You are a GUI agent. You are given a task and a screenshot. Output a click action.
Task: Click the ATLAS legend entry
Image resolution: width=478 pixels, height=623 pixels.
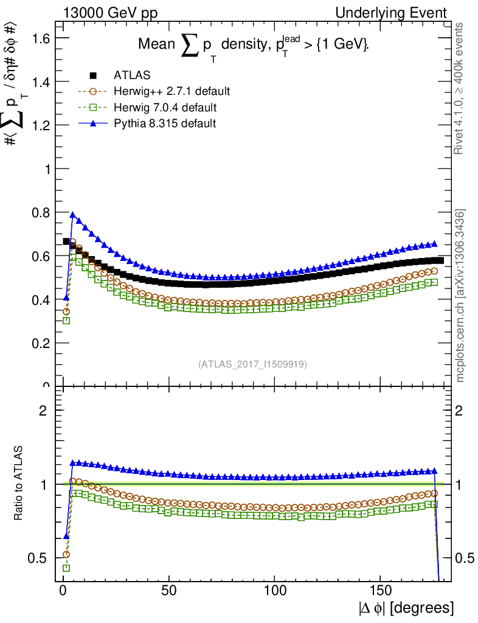pos(132,75)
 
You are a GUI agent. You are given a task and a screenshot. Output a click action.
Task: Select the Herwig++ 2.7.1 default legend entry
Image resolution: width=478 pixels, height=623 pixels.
pos(171,91)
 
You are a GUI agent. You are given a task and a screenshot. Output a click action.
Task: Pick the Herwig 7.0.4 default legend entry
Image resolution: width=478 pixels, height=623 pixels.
pos(165,107)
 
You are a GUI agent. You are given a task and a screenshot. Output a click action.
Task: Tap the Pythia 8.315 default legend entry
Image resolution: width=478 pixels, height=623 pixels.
pos(165,123)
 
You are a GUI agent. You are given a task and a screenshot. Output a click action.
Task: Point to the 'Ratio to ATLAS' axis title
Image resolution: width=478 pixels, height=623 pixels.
pos(18,483)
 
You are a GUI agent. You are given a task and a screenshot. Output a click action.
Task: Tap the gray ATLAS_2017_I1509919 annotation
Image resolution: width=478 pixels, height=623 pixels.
pos(252,364)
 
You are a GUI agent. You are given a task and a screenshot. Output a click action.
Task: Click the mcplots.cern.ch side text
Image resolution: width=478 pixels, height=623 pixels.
pos(461,296)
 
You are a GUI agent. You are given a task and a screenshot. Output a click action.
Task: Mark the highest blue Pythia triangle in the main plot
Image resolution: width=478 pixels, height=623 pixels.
pos(73,215)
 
